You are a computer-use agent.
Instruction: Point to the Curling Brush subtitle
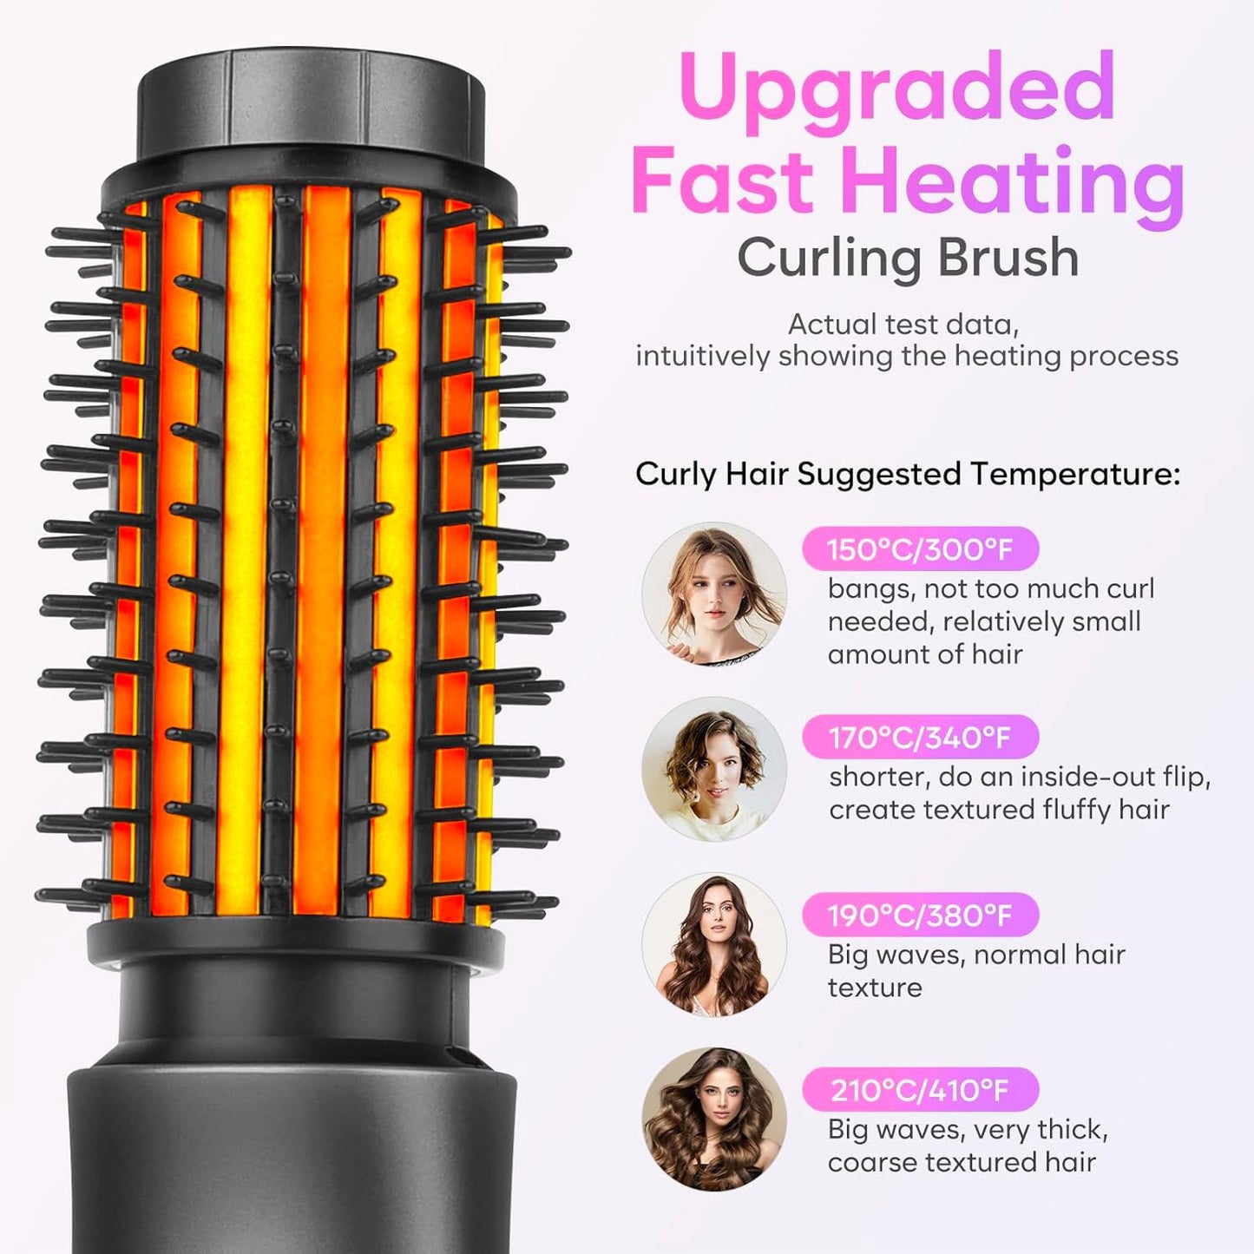[908, 258]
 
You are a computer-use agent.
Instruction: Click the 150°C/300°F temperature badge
[920, 549]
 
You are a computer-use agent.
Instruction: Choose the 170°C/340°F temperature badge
[920, 738]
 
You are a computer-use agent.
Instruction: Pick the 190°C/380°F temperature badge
[920, 916]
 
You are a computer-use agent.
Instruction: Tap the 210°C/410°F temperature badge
[920, 1090]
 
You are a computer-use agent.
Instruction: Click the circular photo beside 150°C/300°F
[713, 594]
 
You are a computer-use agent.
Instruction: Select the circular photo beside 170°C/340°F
[713, 769]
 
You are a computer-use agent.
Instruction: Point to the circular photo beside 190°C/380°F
[713, 945]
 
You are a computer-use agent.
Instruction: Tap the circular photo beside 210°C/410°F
[713, 1119]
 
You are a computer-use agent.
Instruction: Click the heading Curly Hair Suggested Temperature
[908, 475]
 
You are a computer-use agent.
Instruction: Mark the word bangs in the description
[866, 589]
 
